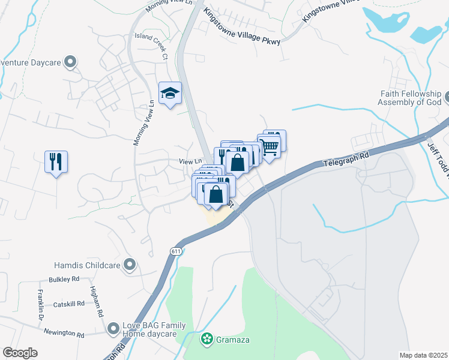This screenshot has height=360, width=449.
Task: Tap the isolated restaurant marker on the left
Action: click(56, 161)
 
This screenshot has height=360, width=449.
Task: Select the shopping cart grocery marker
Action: click(269, 145)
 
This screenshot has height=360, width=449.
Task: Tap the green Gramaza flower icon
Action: click(207, 340)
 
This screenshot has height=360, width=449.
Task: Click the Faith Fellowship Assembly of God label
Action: click(409, 98)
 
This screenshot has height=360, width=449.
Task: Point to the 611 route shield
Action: click(175, 251)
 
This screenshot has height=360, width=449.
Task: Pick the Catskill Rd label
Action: click(65, 305)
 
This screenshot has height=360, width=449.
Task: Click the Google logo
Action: click(20, 353)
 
